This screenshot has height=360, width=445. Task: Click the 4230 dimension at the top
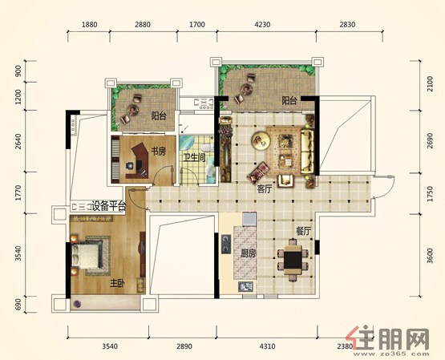[x=262, y=25]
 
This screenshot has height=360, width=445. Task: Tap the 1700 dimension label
[x=197, y=25]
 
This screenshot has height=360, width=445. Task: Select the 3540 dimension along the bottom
[x=110, y=346]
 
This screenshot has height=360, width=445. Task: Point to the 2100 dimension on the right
[x=431, y=83]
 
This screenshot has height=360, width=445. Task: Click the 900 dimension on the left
[x=18, y=71]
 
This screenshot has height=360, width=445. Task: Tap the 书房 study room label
[x=158, y=152]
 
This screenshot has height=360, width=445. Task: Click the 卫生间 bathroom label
[x=194, y=157]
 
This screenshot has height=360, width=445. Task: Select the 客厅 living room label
[x=265, y=189]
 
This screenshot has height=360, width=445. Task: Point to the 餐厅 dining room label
[x=303, y=232]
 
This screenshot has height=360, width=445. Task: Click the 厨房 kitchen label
[x=249, y=253]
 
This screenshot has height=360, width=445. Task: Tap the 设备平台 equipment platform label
[x=109, y=206]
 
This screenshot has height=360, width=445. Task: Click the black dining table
[x=293, y=260]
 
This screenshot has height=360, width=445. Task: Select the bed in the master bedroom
[x=87, y=257]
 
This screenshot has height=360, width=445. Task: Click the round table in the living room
[x=261, y=140]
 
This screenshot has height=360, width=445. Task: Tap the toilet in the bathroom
[x=207, y=148]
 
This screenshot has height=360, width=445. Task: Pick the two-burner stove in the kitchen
[x=226, y=244]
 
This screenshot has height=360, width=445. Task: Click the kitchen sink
[x=246, y=287]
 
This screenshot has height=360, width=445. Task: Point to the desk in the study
[x=138, y=161]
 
